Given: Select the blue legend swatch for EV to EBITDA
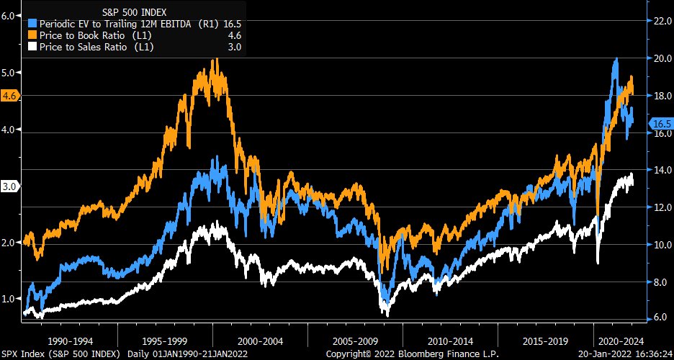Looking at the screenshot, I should click(x=33, y=23).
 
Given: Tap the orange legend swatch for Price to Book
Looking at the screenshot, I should click(x=33, y=35).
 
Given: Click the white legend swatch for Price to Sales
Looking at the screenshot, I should click(x=33, y=48).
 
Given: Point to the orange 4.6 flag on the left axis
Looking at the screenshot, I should click(x=10, y=95).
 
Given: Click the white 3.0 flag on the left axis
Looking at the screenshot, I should click(x=10, y=186).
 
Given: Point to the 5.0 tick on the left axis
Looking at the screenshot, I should click(x=9, y=73).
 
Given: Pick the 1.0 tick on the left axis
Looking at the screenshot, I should click(x=9, y=298).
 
